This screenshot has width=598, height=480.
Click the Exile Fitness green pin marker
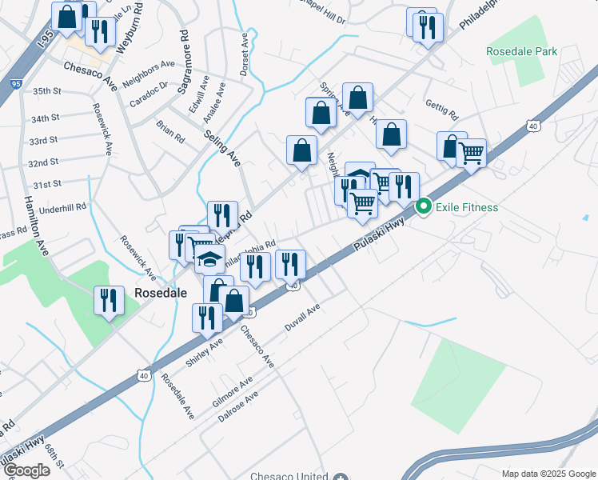pyautogui.click(x=422, y=207)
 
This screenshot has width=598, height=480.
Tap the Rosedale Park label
pyautogui.click(x=521, y=51)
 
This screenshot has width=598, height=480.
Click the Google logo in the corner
pyautogui.click(x=26, y=470)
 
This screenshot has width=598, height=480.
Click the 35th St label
pyautogui.click(x=47, y=91)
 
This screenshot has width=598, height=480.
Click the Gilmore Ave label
pyautogui.click(x=233, y=389)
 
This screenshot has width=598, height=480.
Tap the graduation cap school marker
pyautogui.click(x=209, y=260)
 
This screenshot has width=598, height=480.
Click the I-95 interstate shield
pyautogui.click(x=16, y=83)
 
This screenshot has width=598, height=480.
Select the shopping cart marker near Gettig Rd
pyautogui.click(x=471, y=152)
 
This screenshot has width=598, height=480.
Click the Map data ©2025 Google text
pyautogui.click(x=548, y=474)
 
